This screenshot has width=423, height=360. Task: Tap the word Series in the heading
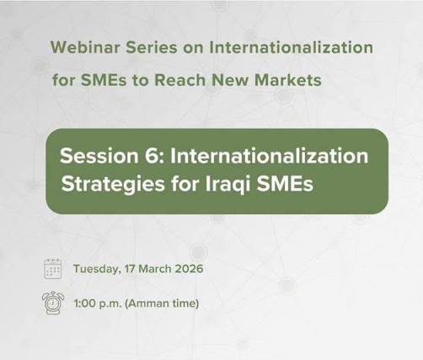pos(148,47)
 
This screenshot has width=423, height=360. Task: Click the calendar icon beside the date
pos(52,269)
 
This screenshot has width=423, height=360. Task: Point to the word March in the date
pos(157,270)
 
